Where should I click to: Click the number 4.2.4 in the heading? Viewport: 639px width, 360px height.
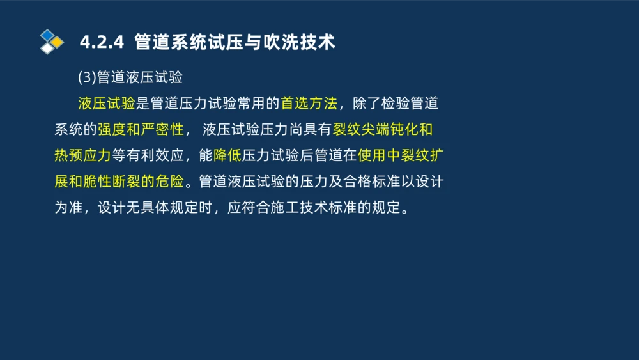pos(101,42)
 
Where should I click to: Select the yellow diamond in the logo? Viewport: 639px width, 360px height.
pos(58,42)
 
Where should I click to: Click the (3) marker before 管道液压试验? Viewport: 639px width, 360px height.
pos(87,77)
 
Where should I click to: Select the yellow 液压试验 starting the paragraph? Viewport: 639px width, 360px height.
pos(107,104)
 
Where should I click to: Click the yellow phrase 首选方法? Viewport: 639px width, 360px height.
pos(309,104)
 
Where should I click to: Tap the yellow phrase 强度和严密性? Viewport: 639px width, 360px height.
pos(141,130)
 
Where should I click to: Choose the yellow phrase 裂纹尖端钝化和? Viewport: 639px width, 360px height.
pos(383,130)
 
